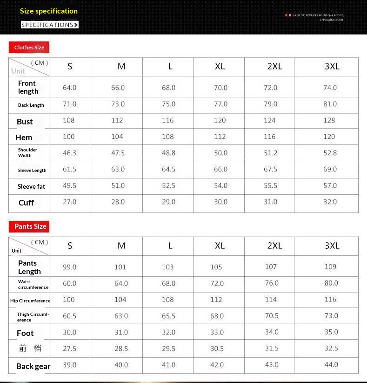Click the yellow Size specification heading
pyautogui.click(x=49, y=11)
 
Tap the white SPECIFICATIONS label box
pyautogui.click(x=50, y=25)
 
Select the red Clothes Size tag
pyautogui.click(x=29, y=48)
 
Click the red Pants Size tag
pyautogui.click(x=30, y=226)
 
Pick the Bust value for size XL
pyautogui.click(x=220, y=120)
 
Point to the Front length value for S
pyautogui.click(x=69, y=88)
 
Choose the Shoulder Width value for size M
pyautogui.click(x=118, y=153)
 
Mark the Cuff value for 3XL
pyautogui.click(x=330, y=202)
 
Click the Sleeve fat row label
pyautogui.click(x=31, y=186)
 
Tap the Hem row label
pyautogui.click(x=24, y=137)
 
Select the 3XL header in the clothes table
pyautogui.click(x=332, y=66)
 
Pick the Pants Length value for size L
pyautogui.click(x=168, y=267)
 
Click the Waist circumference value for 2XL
pyautogui.click(x=272, y=283)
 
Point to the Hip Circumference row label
pyautogui.click(x=30, y=301)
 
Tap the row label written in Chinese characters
pyautogui.click(x=30, y=348)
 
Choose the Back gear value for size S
pyautogui.click(x=69, y=365)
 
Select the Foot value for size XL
pyautogui.click(x=217, y=332)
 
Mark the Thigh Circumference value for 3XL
pyautogui.click(x=331, y=316)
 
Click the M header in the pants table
pyautogui.click(x=121, y=246)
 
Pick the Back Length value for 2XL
pyautogui.click(x=271, y=104)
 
